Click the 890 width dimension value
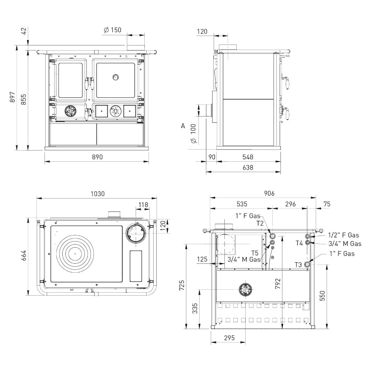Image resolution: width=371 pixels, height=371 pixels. tap(97, 157)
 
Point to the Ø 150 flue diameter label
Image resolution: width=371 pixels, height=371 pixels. tap(113, 30)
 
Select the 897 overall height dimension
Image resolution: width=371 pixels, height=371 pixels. tap(12, 97)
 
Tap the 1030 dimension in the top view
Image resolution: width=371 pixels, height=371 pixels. tap(98, 194)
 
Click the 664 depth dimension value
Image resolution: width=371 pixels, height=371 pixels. tap(24, 255)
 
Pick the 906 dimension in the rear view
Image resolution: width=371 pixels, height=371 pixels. tap(269, 193)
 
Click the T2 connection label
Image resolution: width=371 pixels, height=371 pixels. tap(260, 223)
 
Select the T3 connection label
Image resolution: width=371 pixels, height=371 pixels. tap(298, 265)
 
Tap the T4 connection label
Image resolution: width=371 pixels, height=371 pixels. tap(299, 243)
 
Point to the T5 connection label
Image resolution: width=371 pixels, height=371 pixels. tap(255, 253)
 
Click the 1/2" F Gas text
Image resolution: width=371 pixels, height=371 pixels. tap(344, 235)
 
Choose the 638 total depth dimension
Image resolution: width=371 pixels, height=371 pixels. tap(248, 168)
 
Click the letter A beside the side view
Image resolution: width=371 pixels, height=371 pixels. tap(183, 126)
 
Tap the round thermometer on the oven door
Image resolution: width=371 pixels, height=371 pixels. tap(115, 77)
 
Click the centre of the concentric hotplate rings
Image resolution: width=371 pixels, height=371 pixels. tap(75, 253)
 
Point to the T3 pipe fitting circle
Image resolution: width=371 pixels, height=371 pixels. tap(307, 264)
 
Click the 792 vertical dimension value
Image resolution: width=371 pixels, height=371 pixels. tap(278, 283)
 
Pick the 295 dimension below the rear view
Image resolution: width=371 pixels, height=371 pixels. tap(229, 338)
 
